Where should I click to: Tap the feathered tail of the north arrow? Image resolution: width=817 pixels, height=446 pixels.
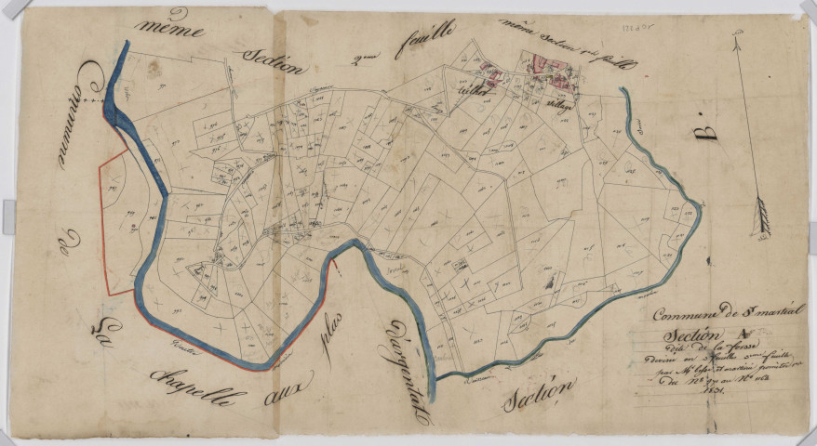tap(764, 216)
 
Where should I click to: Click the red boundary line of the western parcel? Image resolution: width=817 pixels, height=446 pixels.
tap(102, 232)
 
